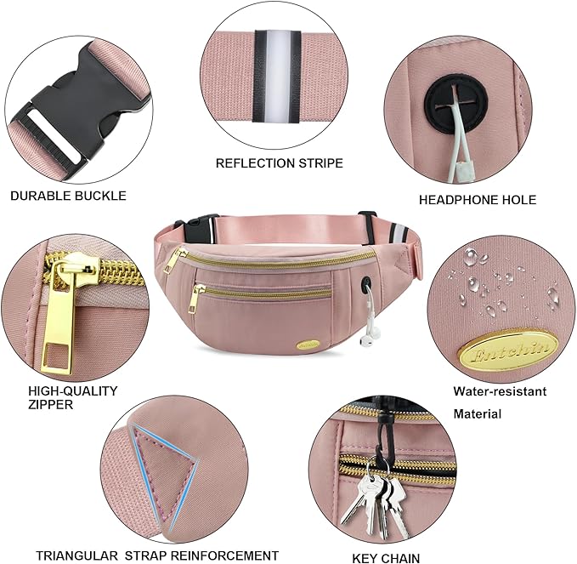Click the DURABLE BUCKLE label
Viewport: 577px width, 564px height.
tap(68, 196)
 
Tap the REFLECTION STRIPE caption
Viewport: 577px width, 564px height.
tap(279, 162)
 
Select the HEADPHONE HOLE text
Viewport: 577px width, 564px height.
tap(478, 200)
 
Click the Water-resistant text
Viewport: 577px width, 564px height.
tap(500, 391)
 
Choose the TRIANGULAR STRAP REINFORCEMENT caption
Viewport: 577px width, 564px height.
tap(157, 555)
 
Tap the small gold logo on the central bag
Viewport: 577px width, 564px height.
tap(306, 345)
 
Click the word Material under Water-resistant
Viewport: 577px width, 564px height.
tap(477, 414)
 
